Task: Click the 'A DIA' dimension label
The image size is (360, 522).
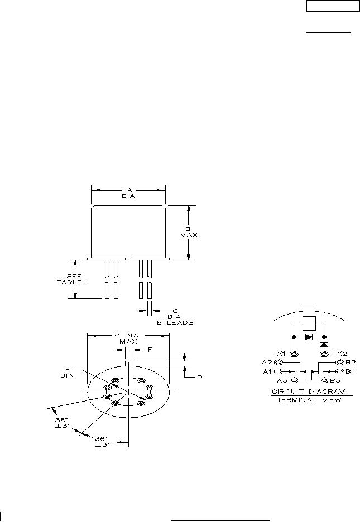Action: coord(128,194)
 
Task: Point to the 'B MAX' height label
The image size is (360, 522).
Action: coord(189,232)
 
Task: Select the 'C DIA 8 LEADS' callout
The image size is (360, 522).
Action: coord(175,317)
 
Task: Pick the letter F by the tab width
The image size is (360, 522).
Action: coord(150,350)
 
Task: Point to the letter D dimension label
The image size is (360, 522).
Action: coord(199,377)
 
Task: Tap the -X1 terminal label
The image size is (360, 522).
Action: coord(279,354)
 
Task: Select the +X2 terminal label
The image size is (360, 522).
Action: coord(339,354)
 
